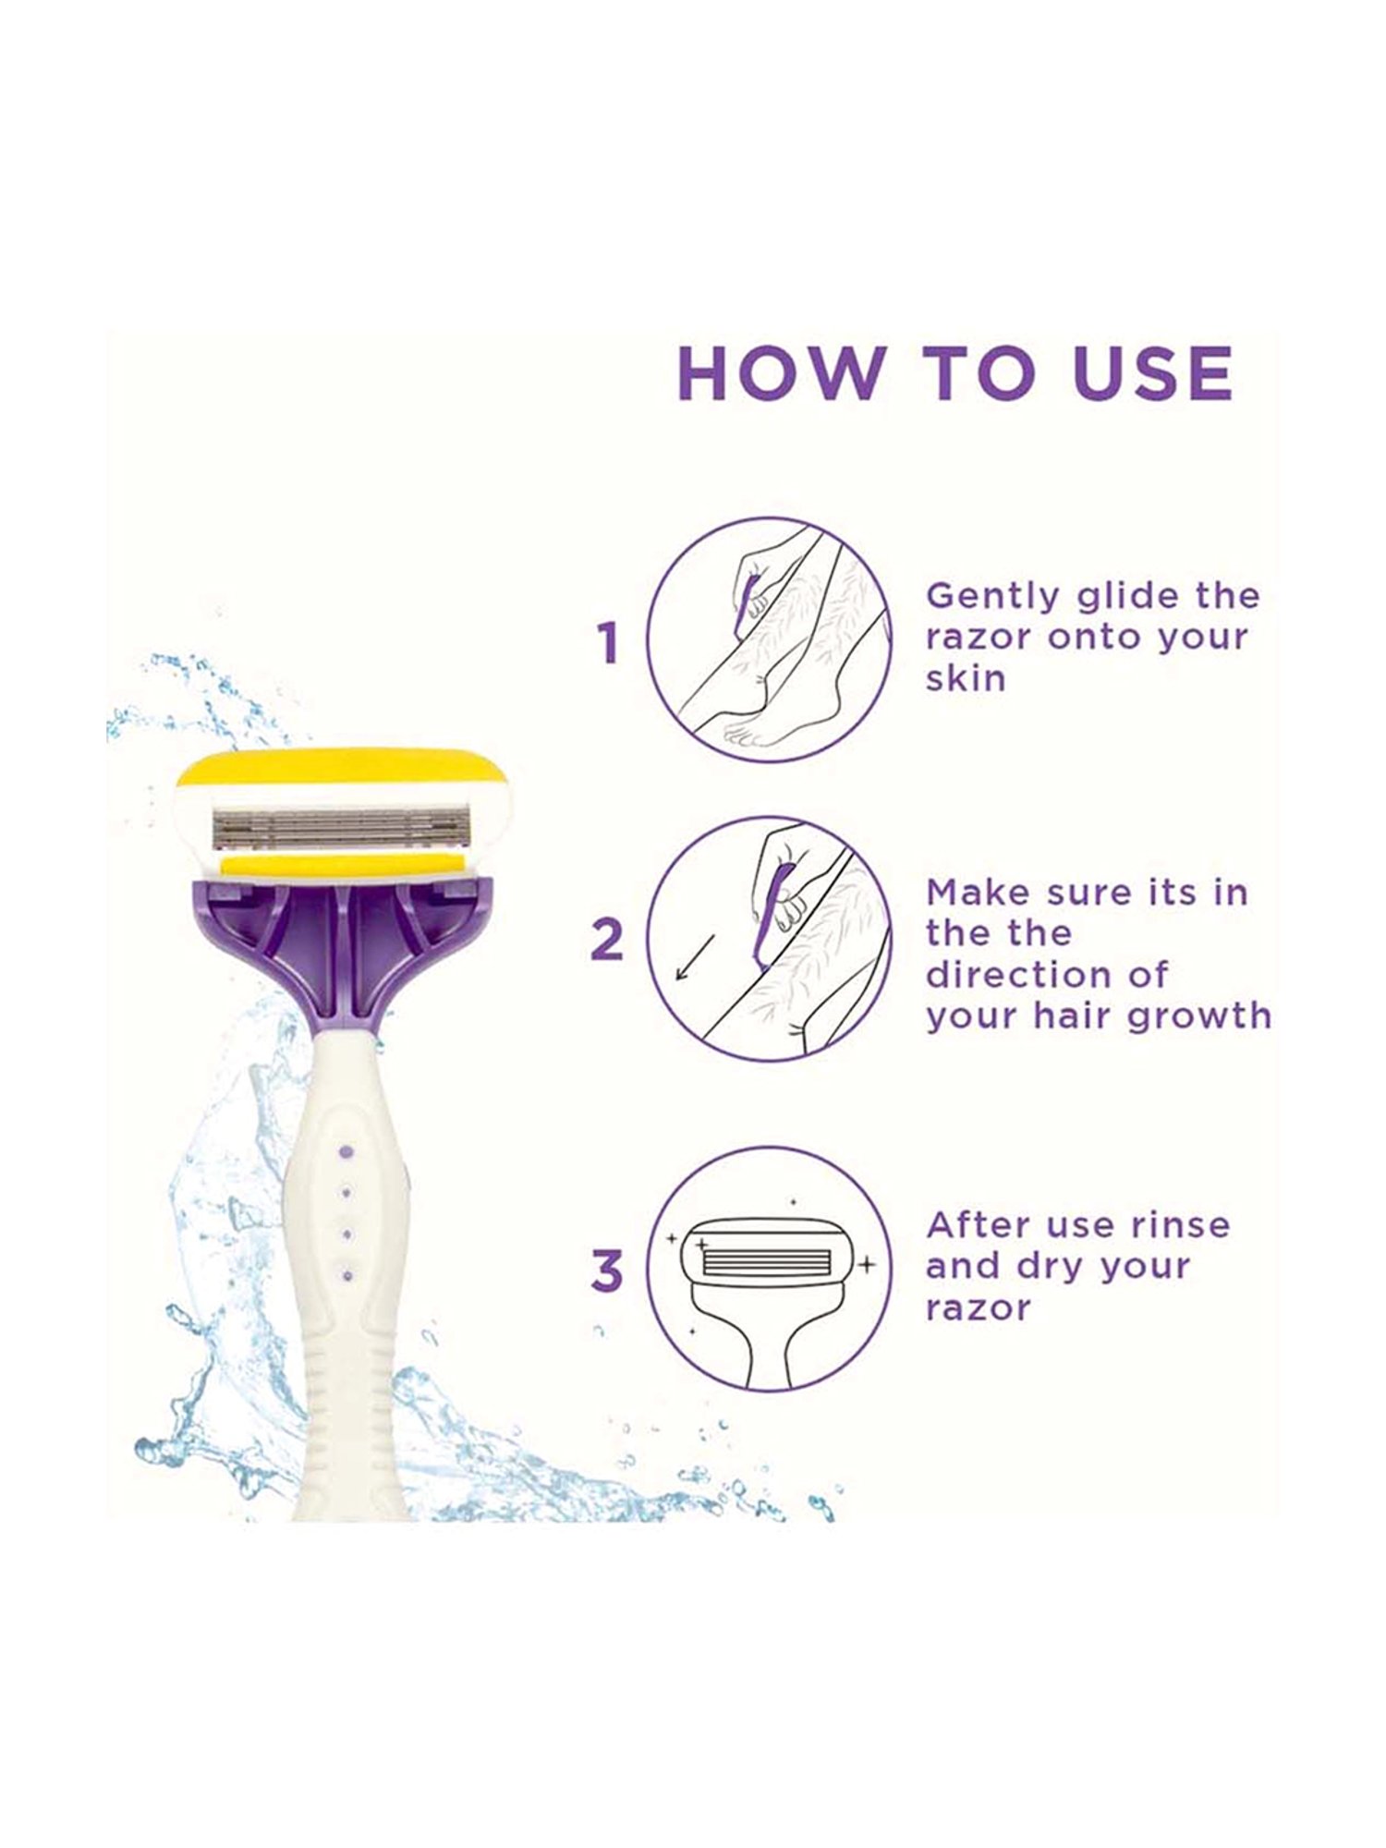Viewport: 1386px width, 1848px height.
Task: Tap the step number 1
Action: point(607,643)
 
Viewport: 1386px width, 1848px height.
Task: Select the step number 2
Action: point(607,939)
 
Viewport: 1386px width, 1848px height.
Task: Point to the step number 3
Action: point(607,1271)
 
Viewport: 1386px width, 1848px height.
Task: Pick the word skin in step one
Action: point(966,678)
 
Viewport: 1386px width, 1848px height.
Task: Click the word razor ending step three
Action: point(978,1309)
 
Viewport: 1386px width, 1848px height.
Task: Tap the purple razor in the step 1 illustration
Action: point(745,605)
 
